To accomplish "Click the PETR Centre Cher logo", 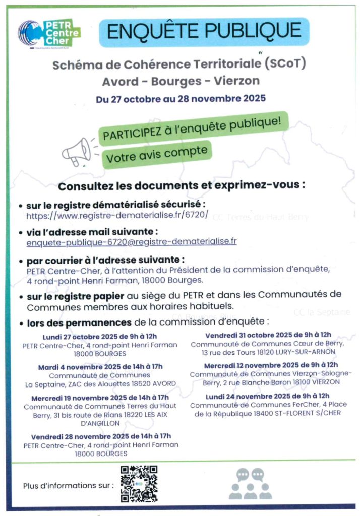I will [49, 33].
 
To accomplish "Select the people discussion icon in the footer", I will [250, 483].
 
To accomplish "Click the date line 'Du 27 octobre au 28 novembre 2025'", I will [181, 98].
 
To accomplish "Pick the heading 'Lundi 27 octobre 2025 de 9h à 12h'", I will [100, 337].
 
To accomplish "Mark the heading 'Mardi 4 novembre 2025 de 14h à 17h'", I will [100, 367].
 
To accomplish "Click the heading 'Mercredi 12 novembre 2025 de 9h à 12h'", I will [271, 365].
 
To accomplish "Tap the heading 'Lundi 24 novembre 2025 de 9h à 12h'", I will [267, 396].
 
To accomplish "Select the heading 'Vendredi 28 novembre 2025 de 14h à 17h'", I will [101, 436].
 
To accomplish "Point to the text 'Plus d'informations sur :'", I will [69, 486].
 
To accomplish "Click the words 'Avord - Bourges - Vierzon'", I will [181, 82].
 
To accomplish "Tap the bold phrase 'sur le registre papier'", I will [69, 297].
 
